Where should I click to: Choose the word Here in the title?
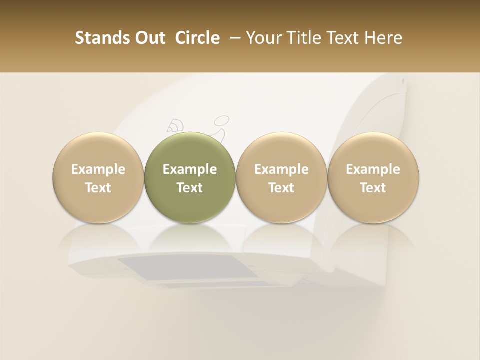[384, 38]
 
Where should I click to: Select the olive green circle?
[190, 178]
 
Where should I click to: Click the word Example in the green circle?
[190, 170]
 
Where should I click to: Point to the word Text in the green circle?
[190, 188]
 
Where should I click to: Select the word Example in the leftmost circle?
[98, 170]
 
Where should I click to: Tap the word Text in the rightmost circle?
[373, 188]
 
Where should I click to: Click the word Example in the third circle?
[281, 170]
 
